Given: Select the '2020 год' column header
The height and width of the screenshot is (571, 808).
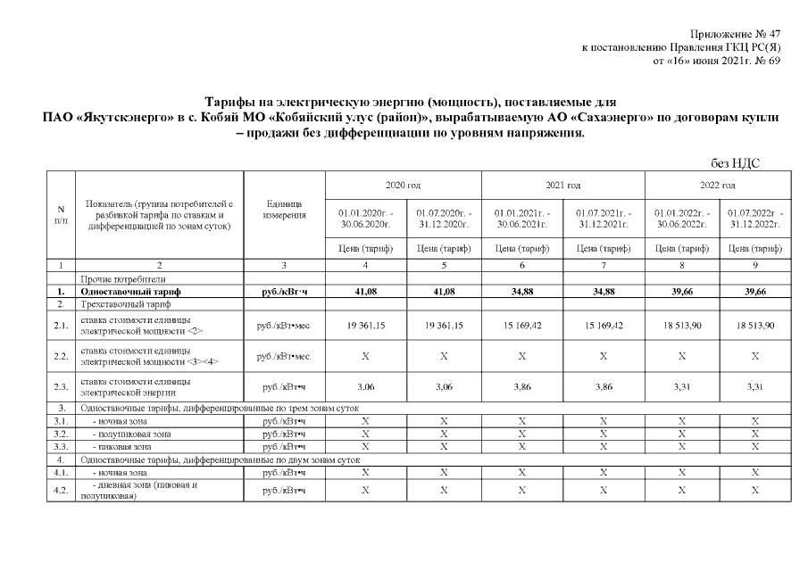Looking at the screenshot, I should coord(403,185).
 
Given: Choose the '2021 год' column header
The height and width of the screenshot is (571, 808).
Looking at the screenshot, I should coord(563,185).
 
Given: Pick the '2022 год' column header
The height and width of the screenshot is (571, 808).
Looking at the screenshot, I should coord(717,185).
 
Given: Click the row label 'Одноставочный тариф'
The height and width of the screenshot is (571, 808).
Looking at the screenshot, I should coord(130,292).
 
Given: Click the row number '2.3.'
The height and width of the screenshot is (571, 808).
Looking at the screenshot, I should coord(61,386).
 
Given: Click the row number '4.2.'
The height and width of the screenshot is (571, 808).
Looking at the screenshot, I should coord(61,491).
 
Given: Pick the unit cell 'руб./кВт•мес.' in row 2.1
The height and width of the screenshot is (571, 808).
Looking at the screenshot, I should coord(285,327).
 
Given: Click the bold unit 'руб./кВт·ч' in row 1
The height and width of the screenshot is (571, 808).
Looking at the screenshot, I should coord(285,292).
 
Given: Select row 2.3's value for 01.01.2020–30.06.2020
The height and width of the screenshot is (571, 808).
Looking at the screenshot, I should coord(364,386).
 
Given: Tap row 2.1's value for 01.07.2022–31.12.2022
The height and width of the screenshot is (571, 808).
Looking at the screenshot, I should coord(755,327).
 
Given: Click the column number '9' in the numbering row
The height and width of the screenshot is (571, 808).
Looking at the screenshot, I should coord(755,266).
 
